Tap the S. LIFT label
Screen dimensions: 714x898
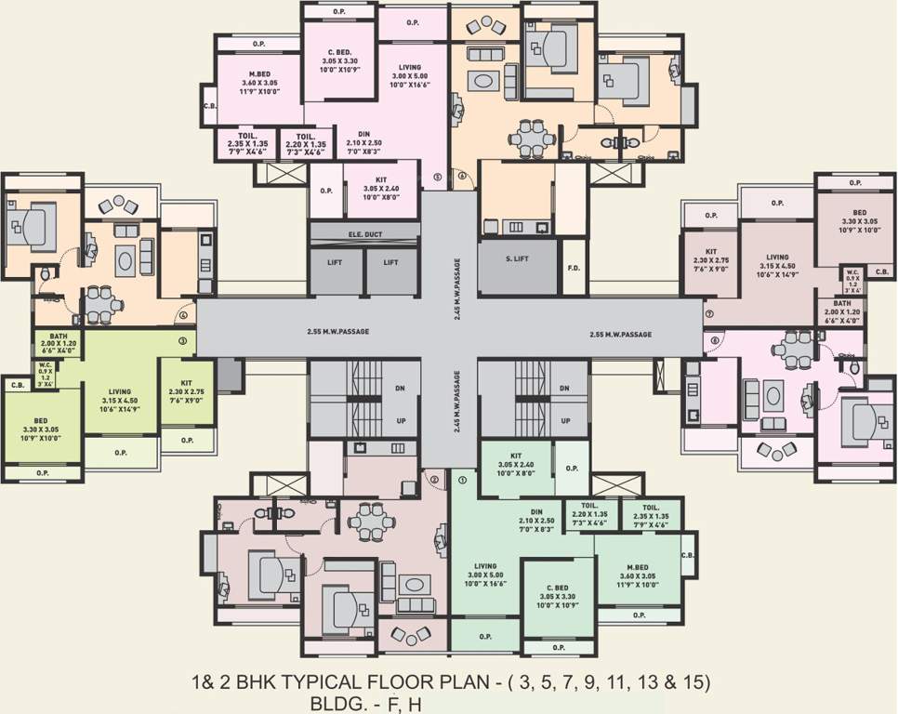pyautogui.click(x=517, y=258)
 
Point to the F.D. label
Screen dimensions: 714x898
pyautogui.click(x=574, y=269)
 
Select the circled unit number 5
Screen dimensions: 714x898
pyautogui.click(x=438, y=175)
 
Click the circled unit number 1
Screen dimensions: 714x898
pyautogui.click(x=462, y=481)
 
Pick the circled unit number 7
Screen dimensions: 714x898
pyautogui.click(x=708, y=314)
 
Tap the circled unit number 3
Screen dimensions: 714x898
pyautogui.click(x=183, y=342)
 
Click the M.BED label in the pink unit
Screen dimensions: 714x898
pyautogui.click(x=259, y=73)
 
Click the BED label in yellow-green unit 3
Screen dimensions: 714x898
pyautogui.click(x=41, y=420)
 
